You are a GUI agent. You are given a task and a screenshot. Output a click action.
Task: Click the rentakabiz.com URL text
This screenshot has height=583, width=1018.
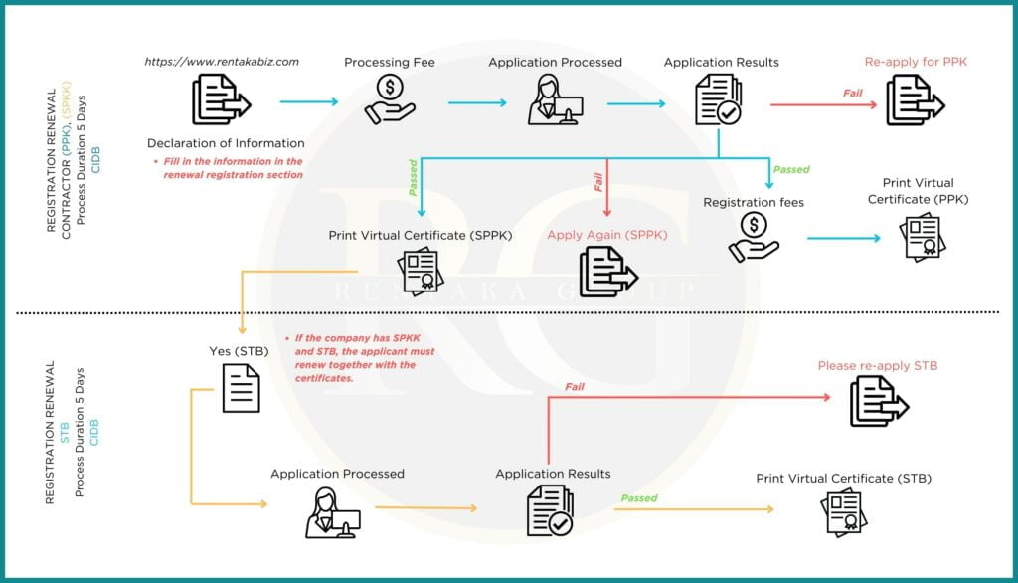(222, 62)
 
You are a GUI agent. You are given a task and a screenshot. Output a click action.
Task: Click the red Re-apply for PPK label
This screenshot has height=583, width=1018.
(916, 62)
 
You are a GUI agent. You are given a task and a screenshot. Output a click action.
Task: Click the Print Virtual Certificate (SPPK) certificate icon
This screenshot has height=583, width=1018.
(421, 271)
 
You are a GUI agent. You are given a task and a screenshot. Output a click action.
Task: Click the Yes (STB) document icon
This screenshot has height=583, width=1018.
(241, 388)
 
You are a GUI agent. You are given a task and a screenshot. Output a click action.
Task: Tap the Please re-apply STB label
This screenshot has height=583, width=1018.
(878, 366)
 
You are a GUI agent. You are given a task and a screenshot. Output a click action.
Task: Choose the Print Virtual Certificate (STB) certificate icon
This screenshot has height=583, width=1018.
(843, 512)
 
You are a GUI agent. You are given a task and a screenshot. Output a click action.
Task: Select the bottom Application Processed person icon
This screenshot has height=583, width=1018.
(332, 511)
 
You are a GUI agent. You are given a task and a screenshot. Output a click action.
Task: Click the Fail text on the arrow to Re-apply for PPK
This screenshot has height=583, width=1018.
(852, 94)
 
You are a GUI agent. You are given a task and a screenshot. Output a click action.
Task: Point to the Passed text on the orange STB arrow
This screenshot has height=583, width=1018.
(640, 498)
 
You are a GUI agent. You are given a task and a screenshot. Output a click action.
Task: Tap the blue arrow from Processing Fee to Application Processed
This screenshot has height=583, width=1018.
(477, 101)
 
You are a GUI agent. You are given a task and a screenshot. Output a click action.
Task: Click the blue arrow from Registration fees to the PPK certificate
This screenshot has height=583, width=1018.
(843, 239)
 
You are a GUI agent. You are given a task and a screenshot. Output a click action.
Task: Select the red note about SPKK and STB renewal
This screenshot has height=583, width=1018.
(359, 358)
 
